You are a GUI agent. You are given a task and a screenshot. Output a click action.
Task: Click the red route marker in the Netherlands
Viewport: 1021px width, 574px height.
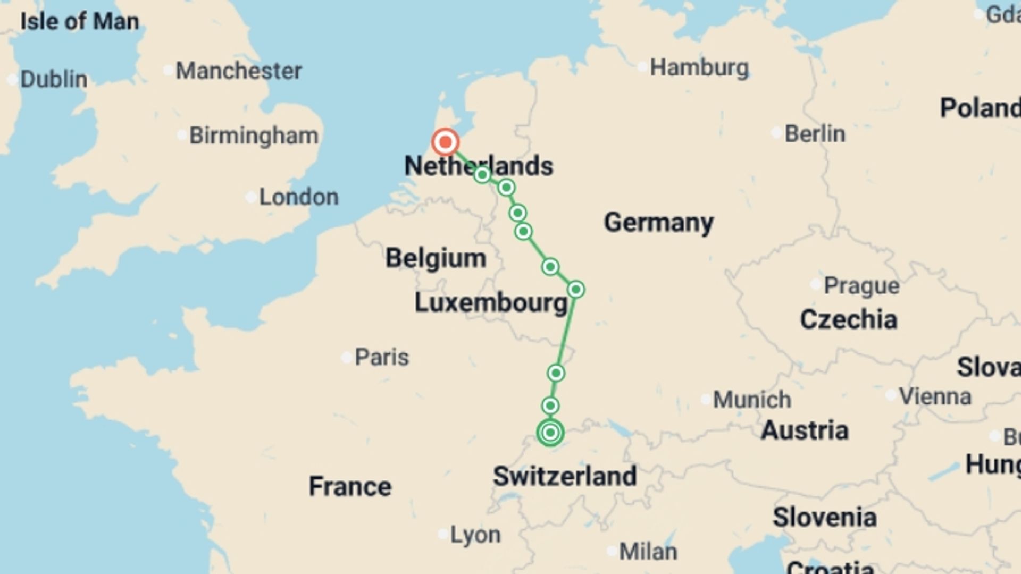pos(445,142)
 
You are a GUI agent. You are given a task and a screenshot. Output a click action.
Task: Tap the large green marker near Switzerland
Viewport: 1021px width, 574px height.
pos(550,433)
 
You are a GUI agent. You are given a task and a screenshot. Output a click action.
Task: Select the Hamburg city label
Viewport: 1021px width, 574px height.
pos(699,68)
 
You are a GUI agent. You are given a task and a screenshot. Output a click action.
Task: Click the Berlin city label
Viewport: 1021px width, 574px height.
pos(815,134)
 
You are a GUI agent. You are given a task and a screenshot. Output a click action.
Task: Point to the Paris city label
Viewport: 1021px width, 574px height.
pos(382,357)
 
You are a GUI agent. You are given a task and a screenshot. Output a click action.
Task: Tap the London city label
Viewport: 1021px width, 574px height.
pos(299,197)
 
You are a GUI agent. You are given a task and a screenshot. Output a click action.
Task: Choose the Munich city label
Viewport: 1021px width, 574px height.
pos(752,400)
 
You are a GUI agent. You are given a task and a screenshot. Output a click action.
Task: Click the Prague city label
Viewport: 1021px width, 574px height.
pos(861,286)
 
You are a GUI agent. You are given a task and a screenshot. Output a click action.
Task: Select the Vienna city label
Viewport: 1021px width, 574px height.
pos(935,396)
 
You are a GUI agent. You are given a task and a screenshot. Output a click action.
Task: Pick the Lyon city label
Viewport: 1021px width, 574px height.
pos(475,535)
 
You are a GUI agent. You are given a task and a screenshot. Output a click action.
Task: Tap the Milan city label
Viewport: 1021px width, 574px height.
pos(648,552)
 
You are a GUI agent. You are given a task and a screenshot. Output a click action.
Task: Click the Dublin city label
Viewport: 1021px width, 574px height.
pos(54,79)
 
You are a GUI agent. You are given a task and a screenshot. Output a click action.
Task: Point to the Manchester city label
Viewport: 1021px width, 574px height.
pos(239,71)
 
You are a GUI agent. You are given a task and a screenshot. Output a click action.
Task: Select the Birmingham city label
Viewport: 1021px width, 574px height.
pos(254,136)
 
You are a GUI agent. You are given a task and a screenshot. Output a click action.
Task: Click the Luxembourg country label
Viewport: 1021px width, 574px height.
pos(491,303)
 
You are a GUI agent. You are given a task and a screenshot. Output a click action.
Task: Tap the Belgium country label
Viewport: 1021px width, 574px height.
pos(436,258)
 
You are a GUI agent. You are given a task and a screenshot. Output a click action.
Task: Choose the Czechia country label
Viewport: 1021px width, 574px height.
pos(849,319)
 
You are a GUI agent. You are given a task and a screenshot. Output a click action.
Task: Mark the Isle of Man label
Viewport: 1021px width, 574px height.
pos(80,22)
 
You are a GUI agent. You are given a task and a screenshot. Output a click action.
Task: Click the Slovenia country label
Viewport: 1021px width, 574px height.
pos(825,517)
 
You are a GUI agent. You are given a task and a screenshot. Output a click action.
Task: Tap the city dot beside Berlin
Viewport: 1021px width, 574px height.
pos(776,133)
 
